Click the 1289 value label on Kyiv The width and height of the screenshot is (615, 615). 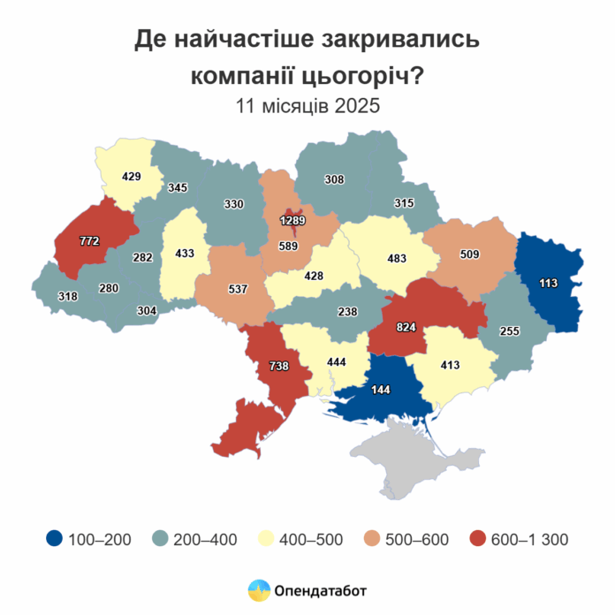pos(293,219)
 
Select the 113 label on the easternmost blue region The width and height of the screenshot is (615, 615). pos(550,283)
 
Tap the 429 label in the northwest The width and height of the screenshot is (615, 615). pos(132,177)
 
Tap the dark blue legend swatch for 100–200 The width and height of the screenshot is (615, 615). pos(55,538)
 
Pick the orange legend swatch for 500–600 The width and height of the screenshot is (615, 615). pos(372,538)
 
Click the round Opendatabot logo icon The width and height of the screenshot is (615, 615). pos(259,589)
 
